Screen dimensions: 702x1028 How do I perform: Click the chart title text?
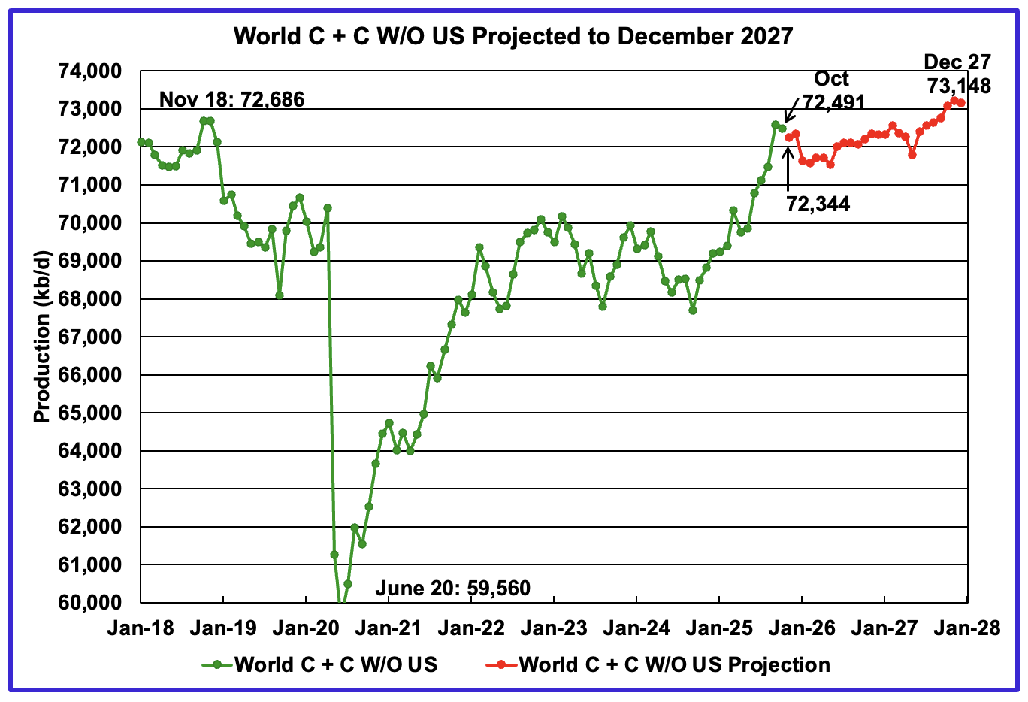click(513, 36)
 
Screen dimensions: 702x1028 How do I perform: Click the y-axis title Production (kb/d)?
click(42, 336)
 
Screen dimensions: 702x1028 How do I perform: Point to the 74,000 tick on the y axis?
click(89, 71)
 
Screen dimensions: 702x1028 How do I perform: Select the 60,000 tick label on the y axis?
click(89, 603)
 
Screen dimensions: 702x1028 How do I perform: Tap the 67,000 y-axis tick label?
click(89, 337)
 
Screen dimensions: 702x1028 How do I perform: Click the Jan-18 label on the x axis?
click(141, 628)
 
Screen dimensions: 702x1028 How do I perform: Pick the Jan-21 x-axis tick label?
click(389, 628)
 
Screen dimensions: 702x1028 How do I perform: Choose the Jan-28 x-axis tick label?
click(967, 628)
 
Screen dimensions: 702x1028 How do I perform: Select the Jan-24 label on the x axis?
click(636, 628)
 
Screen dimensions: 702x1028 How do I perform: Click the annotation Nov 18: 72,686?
click(231, 99)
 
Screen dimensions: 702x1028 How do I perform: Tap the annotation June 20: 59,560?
click(452, 588)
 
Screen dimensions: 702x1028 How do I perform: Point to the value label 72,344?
click(818, 204)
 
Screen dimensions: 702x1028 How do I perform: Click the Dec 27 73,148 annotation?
click(957, 74)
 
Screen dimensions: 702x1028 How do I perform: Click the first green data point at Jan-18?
click(141, 142)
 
